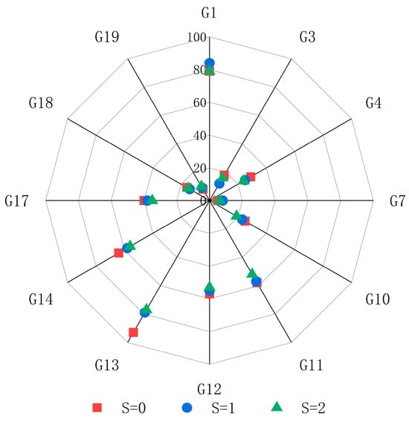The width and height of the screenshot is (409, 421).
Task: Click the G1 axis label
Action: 209,13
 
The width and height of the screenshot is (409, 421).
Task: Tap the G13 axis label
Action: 107,365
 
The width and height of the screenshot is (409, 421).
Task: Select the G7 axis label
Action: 397,200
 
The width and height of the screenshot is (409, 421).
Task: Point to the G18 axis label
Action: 41,102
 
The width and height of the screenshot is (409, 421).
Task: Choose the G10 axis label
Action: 378,299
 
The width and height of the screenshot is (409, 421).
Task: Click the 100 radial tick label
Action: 197,37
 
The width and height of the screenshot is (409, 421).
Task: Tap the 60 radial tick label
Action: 200,102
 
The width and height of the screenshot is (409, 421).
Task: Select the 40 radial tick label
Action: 200,136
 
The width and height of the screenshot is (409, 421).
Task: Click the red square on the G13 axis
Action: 133,333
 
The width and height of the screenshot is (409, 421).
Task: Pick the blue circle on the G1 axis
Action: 210,63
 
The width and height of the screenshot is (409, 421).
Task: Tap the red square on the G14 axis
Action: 118,253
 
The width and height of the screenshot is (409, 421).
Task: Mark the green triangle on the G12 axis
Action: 210,287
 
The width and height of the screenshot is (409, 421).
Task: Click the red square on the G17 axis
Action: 144,200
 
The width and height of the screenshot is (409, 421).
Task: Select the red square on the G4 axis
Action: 251,177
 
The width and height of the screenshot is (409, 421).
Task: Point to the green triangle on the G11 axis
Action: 252,272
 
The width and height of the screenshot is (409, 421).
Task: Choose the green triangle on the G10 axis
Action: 236,215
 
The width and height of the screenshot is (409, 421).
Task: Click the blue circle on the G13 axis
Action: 145,313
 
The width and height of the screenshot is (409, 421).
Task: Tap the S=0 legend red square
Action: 97,408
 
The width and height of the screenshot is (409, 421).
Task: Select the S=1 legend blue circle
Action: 187,408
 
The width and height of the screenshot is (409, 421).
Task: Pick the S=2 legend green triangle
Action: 277,407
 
